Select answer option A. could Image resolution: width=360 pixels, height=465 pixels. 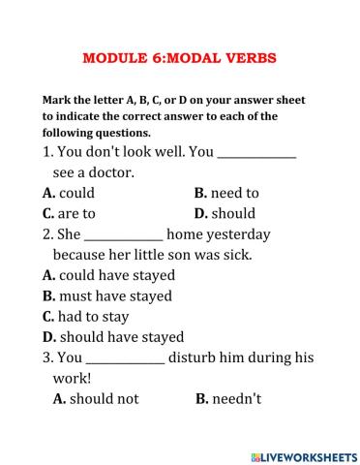pos(70,193)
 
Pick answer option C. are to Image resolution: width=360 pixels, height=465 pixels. pos(69,213)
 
